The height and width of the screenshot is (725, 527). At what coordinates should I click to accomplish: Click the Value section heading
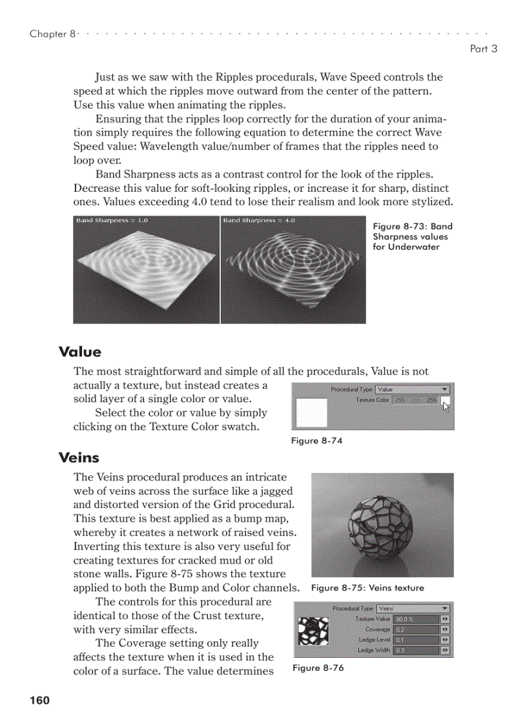click(79, 352)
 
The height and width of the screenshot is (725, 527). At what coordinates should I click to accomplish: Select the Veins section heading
click(79, 458)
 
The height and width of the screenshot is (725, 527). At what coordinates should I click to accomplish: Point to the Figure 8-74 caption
click(316, 441)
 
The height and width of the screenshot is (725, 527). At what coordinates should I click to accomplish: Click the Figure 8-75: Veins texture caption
click(367, 588)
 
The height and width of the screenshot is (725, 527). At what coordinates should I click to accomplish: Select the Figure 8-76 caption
click(318, 668)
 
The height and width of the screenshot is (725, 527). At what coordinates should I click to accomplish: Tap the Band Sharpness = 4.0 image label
click(259, 221)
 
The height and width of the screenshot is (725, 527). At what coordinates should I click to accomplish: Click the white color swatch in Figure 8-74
click(311, 412)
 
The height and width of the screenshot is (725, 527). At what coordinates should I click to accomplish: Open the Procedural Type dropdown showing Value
click(413, 389)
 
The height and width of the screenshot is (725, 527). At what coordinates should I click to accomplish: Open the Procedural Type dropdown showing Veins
click(413, 608)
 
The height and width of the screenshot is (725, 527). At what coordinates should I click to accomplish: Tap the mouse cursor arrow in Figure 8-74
click(446, 405)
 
